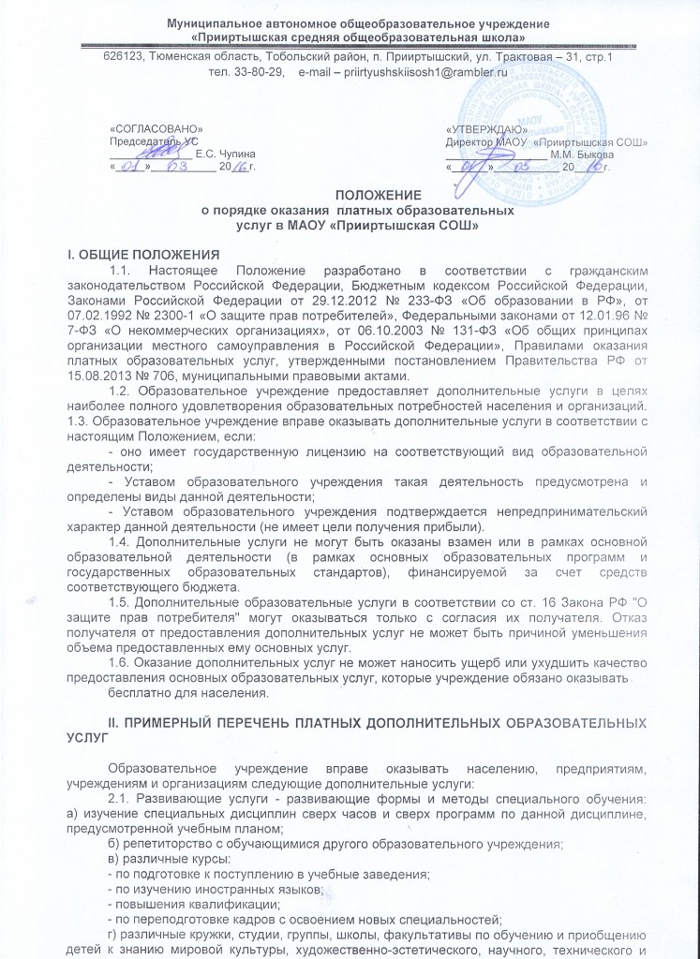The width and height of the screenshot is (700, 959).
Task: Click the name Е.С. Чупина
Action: point(225,153)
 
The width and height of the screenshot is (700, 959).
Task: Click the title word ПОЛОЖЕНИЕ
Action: point(349,195)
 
